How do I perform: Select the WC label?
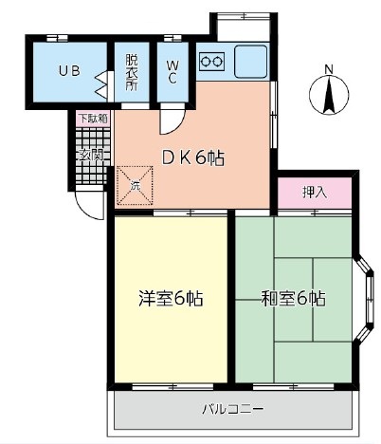(x=173, y=71)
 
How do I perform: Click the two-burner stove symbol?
(x=212, y=64)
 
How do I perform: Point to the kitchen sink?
(x=251, y=62)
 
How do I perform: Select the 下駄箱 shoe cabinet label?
(x=92, y=119)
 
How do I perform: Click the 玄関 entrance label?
(x=91, y=155)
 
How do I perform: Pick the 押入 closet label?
(x=315, y=192)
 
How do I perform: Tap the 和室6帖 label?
(x=293, y=298)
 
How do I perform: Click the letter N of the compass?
(x=328, y=68)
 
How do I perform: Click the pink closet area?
(x=315, y=194)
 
